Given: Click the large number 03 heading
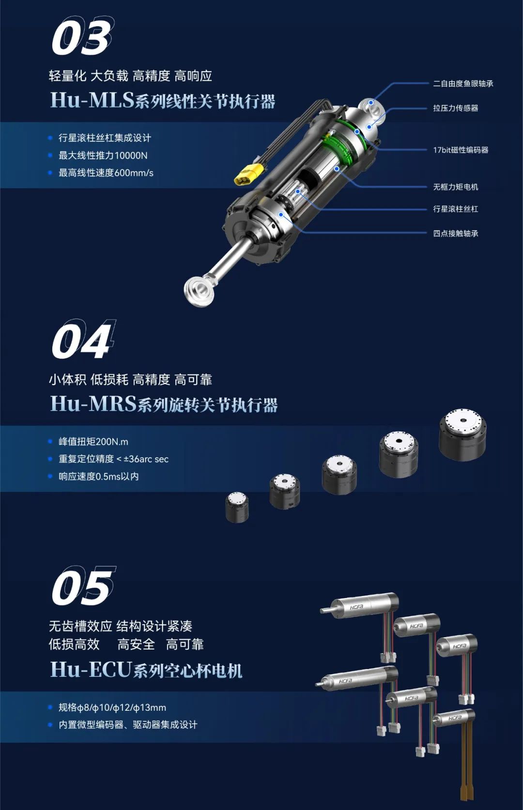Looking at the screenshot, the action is pyautogui.click(x=81, y=36).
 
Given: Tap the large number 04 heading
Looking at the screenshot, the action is pyautogui.click(x=82, y=340).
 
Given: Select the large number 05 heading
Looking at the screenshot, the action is pyautogui.click(x=82, y=586).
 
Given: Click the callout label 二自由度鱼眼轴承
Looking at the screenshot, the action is pyautogui.click(x=463, y=84).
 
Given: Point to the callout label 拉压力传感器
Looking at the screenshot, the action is pyautogui.click(x=455, y=108).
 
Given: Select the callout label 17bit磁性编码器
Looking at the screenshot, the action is pyautogui.click(x=461, y=150).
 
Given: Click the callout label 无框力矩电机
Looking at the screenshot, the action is pyautogui.click(x=455, y=187).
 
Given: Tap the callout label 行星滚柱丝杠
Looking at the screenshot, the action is pyautogui.click(x=455, y=209).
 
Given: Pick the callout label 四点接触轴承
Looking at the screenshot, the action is pyautogui.click(x=455, y=233).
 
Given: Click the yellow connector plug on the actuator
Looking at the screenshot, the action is pyautogui.click(x=249, y=174).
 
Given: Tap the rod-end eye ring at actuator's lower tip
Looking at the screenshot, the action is pyautogui.click(x=198, y=291).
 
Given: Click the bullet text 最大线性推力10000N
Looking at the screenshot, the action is pyautogui.click(x=103, y=155).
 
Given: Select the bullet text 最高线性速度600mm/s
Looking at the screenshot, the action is pyautogui.click(x=106, y=173).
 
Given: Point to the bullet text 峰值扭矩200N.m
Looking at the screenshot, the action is pyautogui.click(x=93, y=442).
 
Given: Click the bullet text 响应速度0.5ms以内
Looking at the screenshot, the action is pyautogui.click(x=98, y=476).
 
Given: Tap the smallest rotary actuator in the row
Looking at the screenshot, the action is pyautogui.click(x=237, y=507).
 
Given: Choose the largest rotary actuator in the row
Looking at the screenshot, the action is pyautogui.click(x=462, y=434).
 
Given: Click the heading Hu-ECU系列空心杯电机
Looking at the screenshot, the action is pyautogui.click(x=146, y=670).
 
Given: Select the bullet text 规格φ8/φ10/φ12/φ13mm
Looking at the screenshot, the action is pyautogui.click(x=112, y=707).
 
